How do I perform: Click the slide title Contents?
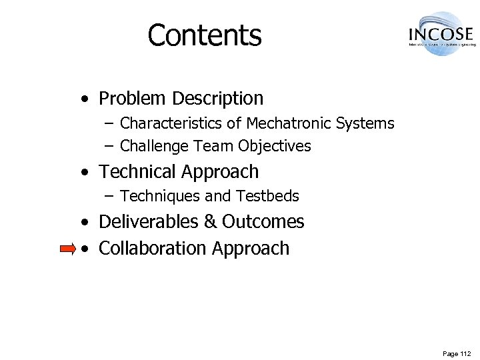[205, 35]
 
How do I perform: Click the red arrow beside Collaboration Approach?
[67, 249]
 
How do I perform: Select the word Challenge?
[155, 145]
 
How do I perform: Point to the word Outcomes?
[263, 221]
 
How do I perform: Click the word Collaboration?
[153, 248]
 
